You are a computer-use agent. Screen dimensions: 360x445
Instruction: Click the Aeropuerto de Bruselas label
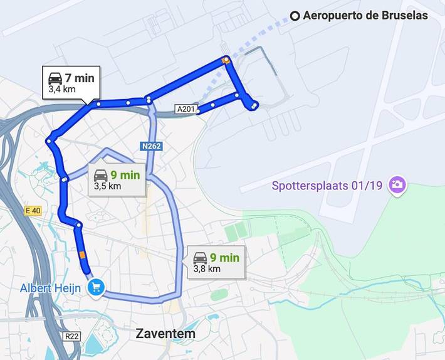click(x=365, y=16)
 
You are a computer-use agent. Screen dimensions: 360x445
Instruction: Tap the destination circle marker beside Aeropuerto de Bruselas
click(x=295, y=16)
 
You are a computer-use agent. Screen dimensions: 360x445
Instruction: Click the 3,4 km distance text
click(x=62, y=90)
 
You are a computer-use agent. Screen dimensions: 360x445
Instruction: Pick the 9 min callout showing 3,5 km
click(x=117, y=180)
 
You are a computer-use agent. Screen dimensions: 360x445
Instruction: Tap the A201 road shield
click(x=186, y=110)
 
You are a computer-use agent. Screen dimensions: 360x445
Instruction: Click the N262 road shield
click(x=151, y=146)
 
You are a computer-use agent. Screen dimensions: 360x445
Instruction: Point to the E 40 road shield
click(x=33, y=211)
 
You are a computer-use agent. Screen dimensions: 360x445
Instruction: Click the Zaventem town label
click(x=165, y=334)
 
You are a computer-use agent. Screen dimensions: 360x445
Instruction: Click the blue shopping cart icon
click(x=96, y=288)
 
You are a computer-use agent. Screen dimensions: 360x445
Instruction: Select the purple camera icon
click(x=397, y=184)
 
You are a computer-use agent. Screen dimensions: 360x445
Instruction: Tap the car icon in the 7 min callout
click(x=55, y=78)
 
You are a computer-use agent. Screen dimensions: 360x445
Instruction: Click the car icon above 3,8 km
click(x=200, y=257)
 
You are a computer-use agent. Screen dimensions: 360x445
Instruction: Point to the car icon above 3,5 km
click(x=100, y=175)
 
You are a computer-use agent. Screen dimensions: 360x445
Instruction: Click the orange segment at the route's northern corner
click(x=226, y=60)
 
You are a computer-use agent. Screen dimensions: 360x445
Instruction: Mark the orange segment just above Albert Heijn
click(x=82, y=255)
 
